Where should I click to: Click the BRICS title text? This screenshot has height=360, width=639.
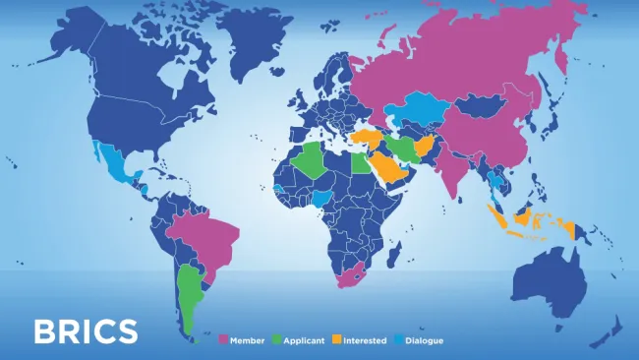click(x=86, y=331)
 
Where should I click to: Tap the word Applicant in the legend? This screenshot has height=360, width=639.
click(x=304, y=340)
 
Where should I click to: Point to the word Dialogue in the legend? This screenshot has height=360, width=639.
click(x=425, y=340)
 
